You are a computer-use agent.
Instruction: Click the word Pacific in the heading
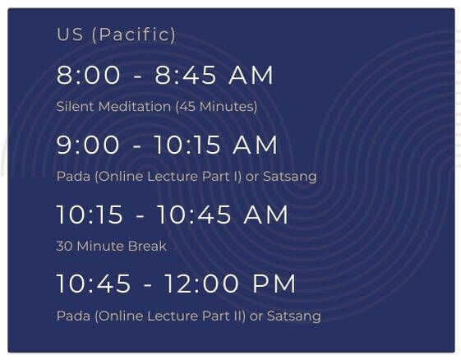pyautogui.click(x=134, y=35)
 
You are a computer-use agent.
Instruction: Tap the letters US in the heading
pyautogui.click(x=70, y=35)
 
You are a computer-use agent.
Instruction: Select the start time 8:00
pyautogui.click(x=88, y=76)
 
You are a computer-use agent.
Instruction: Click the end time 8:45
pyautogui.click(x=186, y=76)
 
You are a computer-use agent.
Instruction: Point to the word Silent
pyautogui.click(x=76, y=106)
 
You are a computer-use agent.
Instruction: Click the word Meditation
pyautogui.click(x=135, y=106)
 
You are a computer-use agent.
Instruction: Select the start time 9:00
pyautogui.click(x=88, y=145)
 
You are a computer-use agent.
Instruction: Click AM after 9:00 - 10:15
pyautogui.click(x=255, y=145)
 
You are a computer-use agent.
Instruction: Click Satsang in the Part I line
pyautogui.click(x=289, y=177)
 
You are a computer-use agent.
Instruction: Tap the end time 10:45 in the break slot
pyautogui.click(x=194, y=215)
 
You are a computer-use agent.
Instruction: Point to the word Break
pyautogui.click(x=147, y=247)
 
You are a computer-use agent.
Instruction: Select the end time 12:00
pyautogui.click(x=201, y=284)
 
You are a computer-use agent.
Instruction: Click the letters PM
pyautogui.click(x=274, y=284)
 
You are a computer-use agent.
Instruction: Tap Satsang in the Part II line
pyautogui.click(x=294, y=316)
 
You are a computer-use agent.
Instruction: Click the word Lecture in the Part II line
pyautogui.click(x=173, y=316)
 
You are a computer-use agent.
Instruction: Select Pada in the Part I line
pyautogui.click(x=73, y=177)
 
